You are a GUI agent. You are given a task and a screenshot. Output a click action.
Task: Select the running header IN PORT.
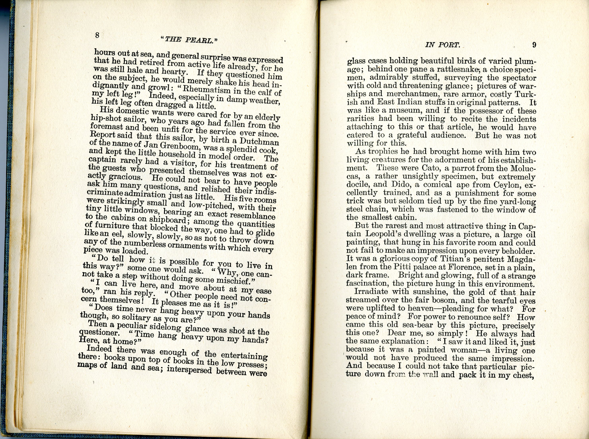[x=442, y=45]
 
